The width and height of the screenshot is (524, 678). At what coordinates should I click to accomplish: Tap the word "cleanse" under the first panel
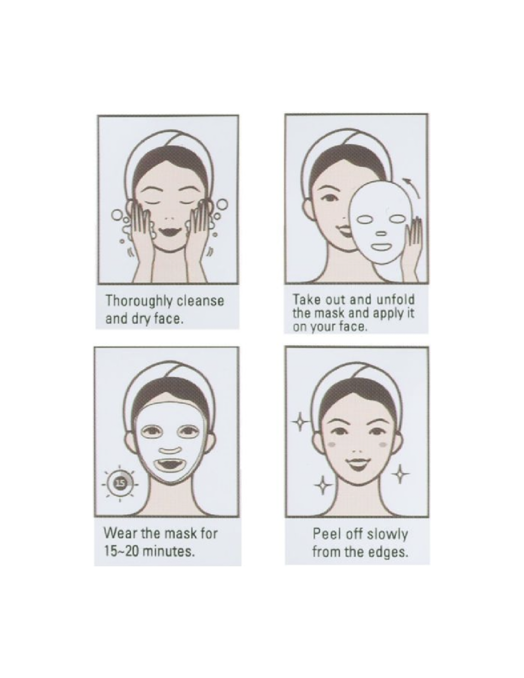click(201, 301)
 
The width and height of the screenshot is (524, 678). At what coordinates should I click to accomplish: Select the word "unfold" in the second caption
click(395, 299)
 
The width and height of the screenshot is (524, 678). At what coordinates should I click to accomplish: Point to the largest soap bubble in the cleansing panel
click(222, 205)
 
